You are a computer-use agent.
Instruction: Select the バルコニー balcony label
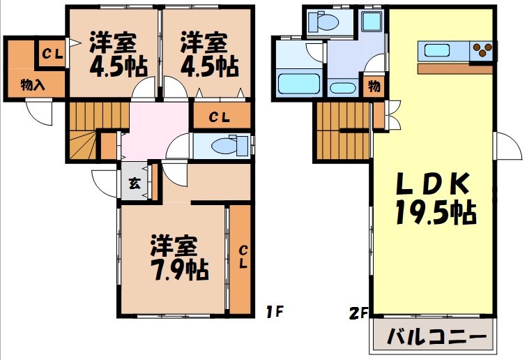pos(436,338)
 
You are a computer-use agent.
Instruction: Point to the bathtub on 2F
pos(298,83)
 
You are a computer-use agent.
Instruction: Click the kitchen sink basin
pos(438,50)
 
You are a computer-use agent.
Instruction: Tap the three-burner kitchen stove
pos(482,50)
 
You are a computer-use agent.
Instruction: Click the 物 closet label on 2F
pos(374,87)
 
